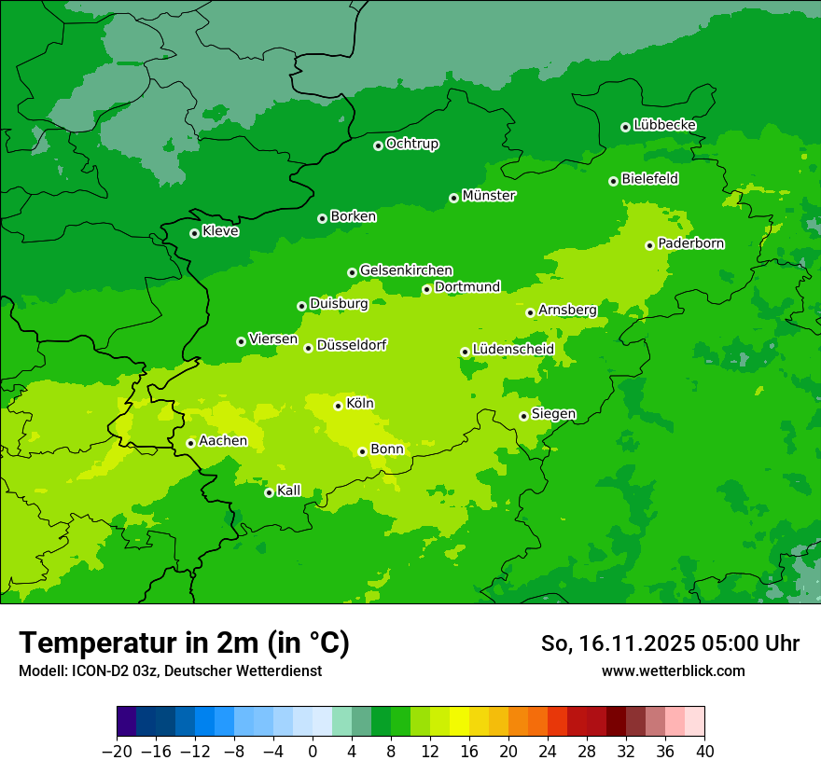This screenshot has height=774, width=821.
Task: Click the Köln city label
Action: click(359, 404)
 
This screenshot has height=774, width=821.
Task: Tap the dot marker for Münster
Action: click(454, 198)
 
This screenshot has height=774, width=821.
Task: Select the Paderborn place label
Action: click(690, 243)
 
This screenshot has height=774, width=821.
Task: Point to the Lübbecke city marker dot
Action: click(625, 127)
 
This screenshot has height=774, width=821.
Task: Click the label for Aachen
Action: click(223, 441)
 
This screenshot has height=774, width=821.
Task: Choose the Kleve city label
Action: click(220, 231)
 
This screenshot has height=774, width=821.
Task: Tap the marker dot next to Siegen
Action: click(524, 416)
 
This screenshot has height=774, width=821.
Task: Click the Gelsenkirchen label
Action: click(406, 270)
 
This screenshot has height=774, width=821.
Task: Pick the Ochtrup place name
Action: click(411, 144)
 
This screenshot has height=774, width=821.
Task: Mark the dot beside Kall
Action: click(270, 492)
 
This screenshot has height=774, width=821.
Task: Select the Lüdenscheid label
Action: click(513, 350)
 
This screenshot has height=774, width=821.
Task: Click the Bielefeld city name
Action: click(649, 179)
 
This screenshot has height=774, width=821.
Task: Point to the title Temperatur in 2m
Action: click(184, 643)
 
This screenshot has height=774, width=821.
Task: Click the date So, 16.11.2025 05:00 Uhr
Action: click(670, 643)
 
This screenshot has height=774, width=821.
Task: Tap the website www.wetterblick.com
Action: click(673, 671)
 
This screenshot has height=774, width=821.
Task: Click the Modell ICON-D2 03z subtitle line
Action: click(170, 671)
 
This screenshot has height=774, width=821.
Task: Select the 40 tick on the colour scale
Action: click(703, 752)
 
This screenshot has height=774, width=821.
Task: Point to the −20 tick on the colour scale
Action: click(117, 752)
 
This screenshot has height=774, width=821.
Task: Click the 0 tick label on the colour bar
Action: click(313, 752)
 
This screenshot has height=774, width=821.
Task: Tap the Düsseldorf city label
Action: click(351, 345)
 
